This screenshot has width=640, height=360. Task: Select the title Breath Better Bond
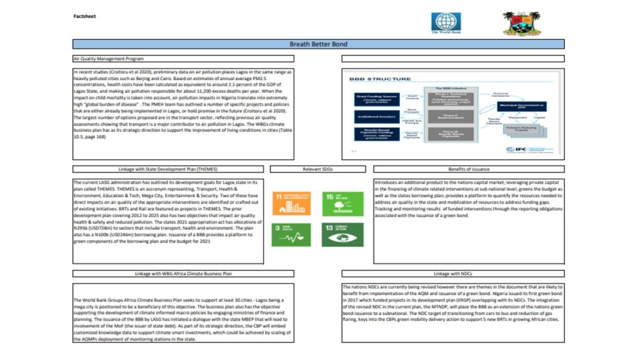click(319, 44)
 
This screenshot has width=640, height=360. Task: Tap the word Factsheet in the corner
click(82, 16)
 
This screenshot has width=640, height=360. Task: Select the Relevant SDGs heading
click(318, 169)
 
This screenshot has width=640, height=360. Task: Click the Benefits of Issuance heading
click(469, 169)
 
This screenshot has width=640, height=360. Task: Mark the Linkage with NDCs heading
click(452, 274)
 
